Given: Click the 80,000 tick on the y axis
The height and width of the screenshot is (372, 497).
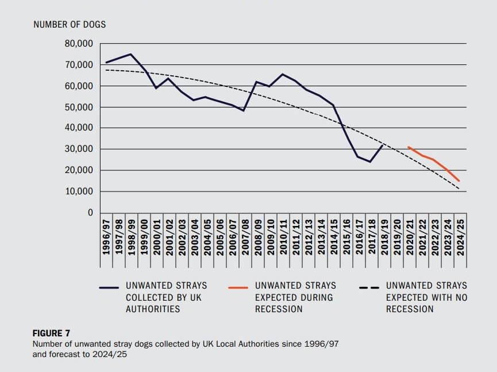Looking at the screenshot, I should [x=78, y=44].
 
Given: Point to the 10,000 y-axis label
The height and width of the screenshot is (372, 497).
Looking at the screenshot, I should [x=78, y=191].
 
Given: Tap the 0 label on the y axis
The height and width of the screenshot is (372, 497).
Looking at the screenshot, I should [x=89, y=213].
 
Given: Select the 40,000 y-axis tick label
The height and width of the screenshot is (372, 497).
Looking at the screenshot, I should [x=78, y=128].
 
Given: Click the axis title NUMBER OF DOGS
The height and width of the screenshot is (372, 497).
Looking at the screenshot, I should [x=70, y=25].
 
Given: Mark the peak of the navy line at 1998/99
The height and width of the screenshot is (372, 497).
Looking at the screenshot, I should [x=131, y=54].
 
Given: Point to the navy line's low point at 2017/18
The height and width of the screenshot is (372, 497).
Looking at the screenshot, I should [x=370, y=162].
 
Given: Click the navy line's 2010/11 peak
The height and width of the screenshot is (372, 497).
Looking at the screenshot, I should [x=282, y=74].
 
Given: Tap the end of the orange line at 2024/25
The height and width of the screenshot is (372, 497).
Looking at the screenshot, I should [x=459, y=181].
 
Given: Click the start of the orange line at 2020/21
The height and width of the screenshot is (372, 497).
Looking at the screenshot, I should [x=408, y=147].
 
